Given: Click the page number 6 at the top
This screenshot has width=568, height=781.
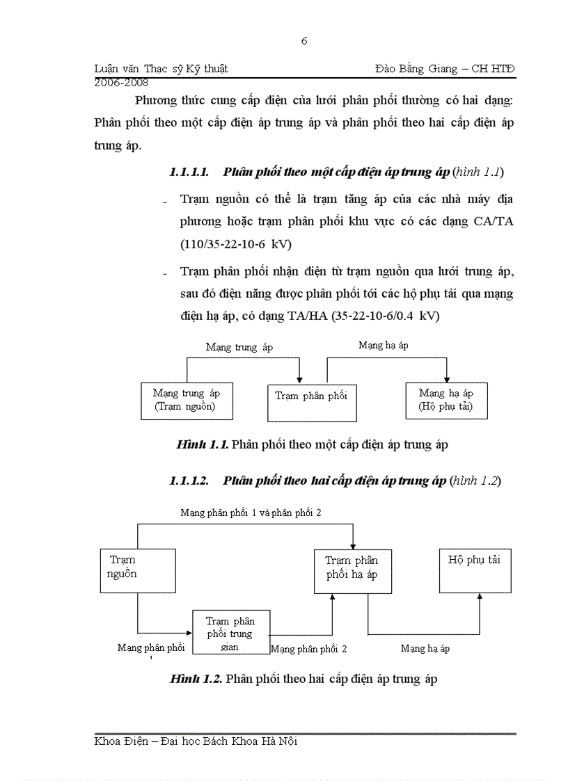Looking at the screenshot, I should [304, 41].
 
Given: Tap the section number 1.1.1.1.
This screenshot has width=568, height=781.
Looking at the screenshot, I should [189, 171].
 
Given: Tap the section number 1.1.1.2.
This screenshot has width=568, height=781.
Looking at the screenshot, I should [189, 481].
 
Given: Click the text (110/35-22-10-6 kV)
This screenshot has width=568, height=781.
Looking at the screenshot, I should [236, 244].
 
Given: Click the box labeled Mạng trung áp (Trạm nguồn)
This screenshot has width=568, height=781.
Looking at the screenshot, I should [184, 401].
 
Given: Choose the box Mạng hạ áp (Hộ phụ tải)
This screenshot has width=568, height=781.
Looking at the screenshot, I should [446, 400].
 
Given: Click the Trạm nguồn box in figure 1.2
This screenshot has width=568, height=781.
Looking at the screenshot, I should [137, 567].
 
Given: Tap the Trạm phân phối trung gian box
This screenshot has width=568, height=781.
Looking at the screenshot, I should [230, 632].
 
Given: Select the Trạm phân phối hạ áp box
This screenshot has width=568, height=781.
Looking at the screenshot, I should [352, 569].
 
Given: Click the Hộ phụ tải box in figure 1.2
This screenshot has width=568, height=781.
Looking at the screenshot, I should [475, 569].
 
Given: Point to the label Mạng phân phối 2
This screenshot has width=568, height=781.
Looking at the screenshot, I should [308, 650].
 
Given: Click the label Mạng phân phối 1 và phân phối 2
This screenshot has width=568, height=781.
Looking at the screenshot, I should [251, 513].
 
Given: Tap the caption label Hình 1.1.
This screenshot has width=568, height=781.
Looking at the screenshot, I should [203, 445].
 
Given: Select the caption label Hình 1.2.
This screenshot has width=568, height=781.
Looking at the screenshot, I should [196, 679].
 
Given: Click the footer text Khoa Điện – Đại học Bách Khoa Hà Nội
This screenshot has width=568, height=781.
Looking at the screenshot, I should [196, 741].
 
